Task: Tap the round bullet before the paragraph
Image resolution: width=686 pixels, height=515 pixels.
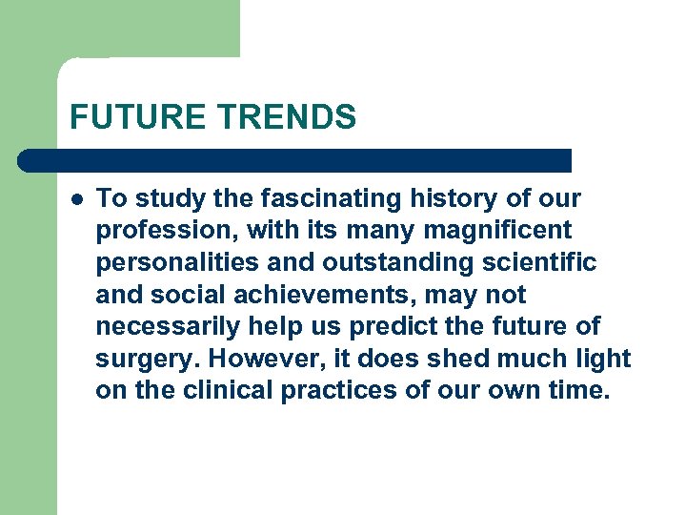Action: (75, 199)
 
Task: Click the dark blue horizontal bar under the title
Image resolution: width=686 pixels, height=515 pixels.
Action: (295, 160)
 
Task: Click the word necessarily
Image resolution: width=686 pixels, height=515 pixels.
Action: (169, 327)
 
